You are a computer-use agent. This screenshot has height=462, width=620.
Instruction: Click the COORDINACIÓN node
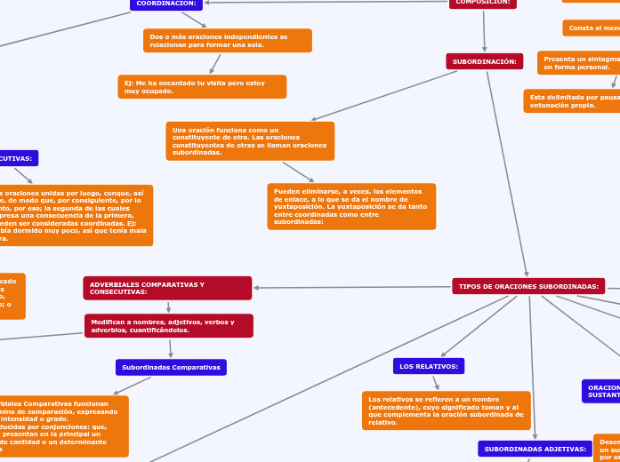tap(166, 4)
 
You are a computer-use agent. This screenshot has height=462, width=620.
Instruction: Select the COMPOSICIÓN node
tap(483, 3)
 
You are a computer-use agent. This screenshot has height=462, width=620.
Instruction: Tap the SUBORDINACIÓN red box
tap(484, 61)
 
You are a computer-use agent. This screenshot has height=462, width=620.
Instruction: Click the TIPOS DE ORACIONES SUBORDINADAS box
tap(528, 286)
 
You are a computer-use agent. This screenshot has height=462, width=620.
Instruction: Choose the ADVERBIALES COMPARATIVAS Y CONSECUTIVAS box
tap(167, 288)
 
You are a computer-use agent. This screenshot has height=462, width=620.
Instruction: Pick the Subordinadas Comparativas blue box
tap(171, 367)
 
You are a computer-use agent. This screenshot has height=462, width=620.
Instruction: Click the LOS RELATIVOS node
tap(429, 366)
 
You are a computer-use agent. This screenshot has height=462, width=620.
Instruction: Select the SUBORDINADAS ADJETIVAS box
tap(535, 449)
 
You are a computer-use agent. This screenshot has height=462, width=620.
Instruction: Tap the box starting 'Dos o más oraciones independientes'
tap(227, 41)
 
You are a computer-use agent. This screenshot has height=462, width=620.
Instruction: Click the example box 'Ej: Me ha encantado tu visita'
tap(202, 86)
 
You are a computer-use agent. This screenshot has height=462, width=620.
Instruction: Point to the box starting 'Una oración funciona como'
tap(250, 140)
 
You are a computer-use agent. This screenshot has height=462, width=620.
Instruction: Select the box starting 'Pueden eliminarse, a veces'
tap(351, 206)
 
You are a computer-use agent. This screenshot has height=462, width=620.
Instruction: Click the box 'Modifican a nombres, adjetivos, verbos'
tap(168, 326)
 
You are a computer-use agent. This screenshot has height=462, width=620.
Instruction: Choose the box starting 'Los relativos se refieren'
tap(446, 410)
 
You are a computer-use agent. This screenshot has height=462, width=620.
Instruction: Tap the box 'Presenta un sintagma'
tap(578, 62)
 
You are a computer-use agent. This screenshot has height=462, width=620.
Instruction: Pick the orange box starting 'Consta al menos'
tap(591, 28)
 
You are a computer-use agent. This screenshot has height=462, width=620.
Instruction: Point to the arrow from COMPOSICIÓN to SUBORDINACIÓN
tap(484, 31)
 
